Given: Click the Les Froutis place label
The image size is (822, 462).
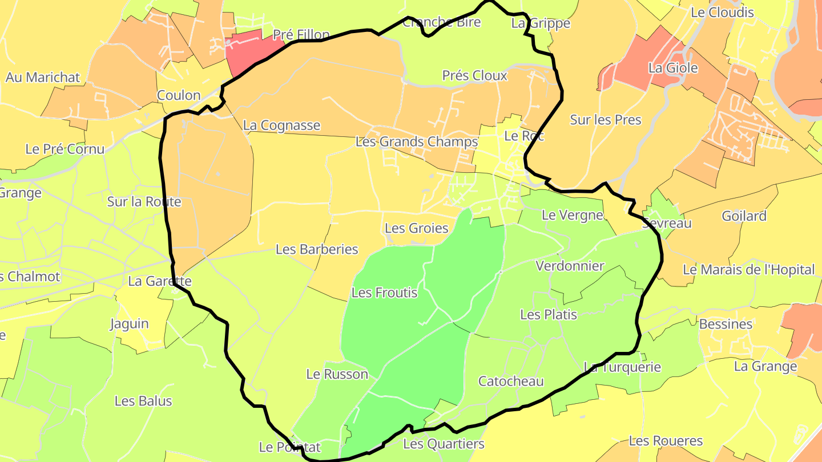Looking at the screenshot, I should pos(384,293).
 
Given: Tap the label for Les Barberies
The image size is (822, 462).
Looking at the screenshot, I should pos(317,249).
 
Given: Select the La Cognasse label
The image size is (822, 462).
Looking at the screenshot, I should pos(281,125).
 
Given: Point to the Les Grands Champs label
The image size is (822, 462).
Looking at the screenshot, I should pos(416,141).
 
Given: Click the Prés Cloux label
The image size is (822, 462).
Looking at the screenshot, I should pos(474,76).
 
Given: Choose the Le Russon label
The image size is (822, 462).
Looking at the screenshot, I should pos(337,374).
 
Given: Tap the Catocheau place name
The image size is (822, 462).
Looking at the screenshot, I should pos(511,381).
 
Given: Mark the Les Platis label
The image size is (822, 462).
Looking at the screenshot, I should pos(549,314).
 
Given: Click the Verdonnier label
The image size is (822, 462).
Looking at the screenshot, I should pos(570,266).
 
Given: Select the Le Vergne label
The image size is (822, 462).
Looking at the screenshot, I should pos(572,215).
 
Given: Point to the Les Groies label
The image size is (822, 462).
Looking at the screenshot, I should pos(416,228).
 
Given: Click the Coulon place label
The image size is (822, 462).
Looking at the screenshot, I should pos(179,95).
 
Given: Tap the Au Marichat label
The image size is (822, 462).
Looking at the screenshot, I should pos(43,78).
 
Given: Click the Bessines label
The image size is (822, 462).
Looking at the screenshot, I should pos(726,324).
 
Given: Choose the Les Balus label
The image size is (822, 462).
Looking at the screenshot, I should pos(143,401).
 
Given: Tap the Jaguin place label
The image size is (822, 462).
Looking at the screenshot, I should pos(129,324).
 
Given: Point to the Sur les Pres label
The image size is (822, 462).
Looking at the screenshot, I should pos(606,120).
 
